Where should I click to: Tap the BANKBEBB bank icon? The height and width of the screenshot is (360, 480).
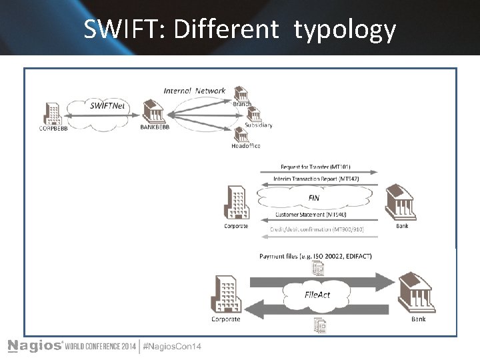tap(155, 111)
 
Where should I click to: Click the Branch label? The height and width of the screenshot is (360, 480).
tap(241, 104)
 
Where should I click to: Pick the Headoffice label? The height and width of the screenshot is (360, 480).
tap(245, 145)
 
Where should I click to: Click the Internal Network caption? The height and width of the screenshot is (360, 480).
tap(195, 91)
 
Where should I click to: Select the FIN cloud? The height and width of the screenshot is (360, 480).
tap(314, 197)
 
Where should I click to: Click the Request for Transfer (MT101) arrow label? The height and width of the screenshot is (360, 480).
tap(315, 166)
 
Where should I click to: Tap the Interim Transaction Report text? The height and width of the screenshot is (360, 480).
tap(316, 179)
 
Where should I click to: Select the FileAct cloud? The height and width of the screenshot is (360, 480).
tap(317, 294)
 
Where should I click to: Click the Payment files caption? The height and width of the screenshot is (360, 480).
tap(315, 255)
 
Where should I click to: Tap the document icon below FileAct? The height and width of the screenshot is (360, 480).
tap(320, 325)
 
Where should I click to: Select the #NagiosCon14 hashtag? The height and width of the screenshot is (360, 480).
tap(171, 346)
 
